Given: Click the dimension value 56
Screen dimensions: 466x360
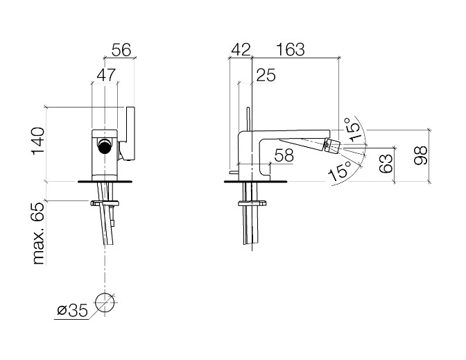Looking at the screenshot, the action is pyautogui.click(x=121, y=50).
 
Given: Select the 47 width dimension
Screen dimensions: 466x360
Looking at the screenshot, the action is pyautogui.click(x=106, y=75).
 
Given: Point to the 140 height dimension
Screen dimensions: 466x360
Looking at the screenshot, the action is pyautogui.click(x=38, y=141).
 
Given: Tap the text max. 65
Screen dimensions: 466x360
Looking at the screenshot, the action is pyautogui.click(x=39, y=234).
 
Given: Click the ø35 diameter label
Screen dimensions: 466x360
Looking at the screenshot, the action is pyautogui.click(x=73, y=311).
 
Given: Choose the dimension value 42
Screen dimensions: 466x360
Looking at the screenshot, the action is pyautogui.click(x=241, y=50).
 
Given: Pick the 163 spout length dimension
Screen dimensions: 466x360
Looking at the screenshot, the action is pyautogui.click(x=291, y=50).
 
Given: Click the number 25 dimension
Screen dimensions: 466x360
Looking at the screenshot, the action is pyautogui.click(x=266, y=75).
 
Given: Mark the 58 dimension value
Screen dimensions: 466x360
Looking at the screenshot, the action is pyautogui.click(x=284, y=155).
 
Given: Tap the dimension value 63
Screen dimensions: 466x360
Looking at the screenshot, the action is pyautogui.click(x=386, y=163).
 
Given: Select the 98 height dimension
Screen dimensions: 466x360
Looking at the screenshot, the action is pyautogui.click(x=420, y=155).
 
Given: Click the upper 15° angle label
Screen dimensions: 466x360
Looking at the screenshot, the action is pyautogui.click(x=353, y=129).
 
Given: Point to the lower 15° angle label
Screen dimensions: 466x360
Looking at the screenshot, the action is pyautogui.click(x=340, y=171).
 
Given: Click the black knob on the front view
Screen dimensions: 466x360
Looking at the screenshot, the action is pyautogui.click(x=105, y=146).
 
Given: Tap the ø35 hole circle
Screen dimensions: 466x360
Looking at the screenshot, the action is pyautogui.click(x=105, y=302).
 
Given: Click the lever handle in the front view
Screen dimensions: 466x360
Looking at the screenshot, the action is pyautogui.click(x=128, y=133).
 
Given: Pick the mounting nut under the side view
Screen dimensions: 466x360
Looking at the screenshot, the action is pyautogui.click(x=252, y=204).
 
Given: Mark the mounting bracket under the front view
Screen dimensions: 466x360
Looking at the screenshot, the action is pyautogui.click(x=105, y=204).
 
